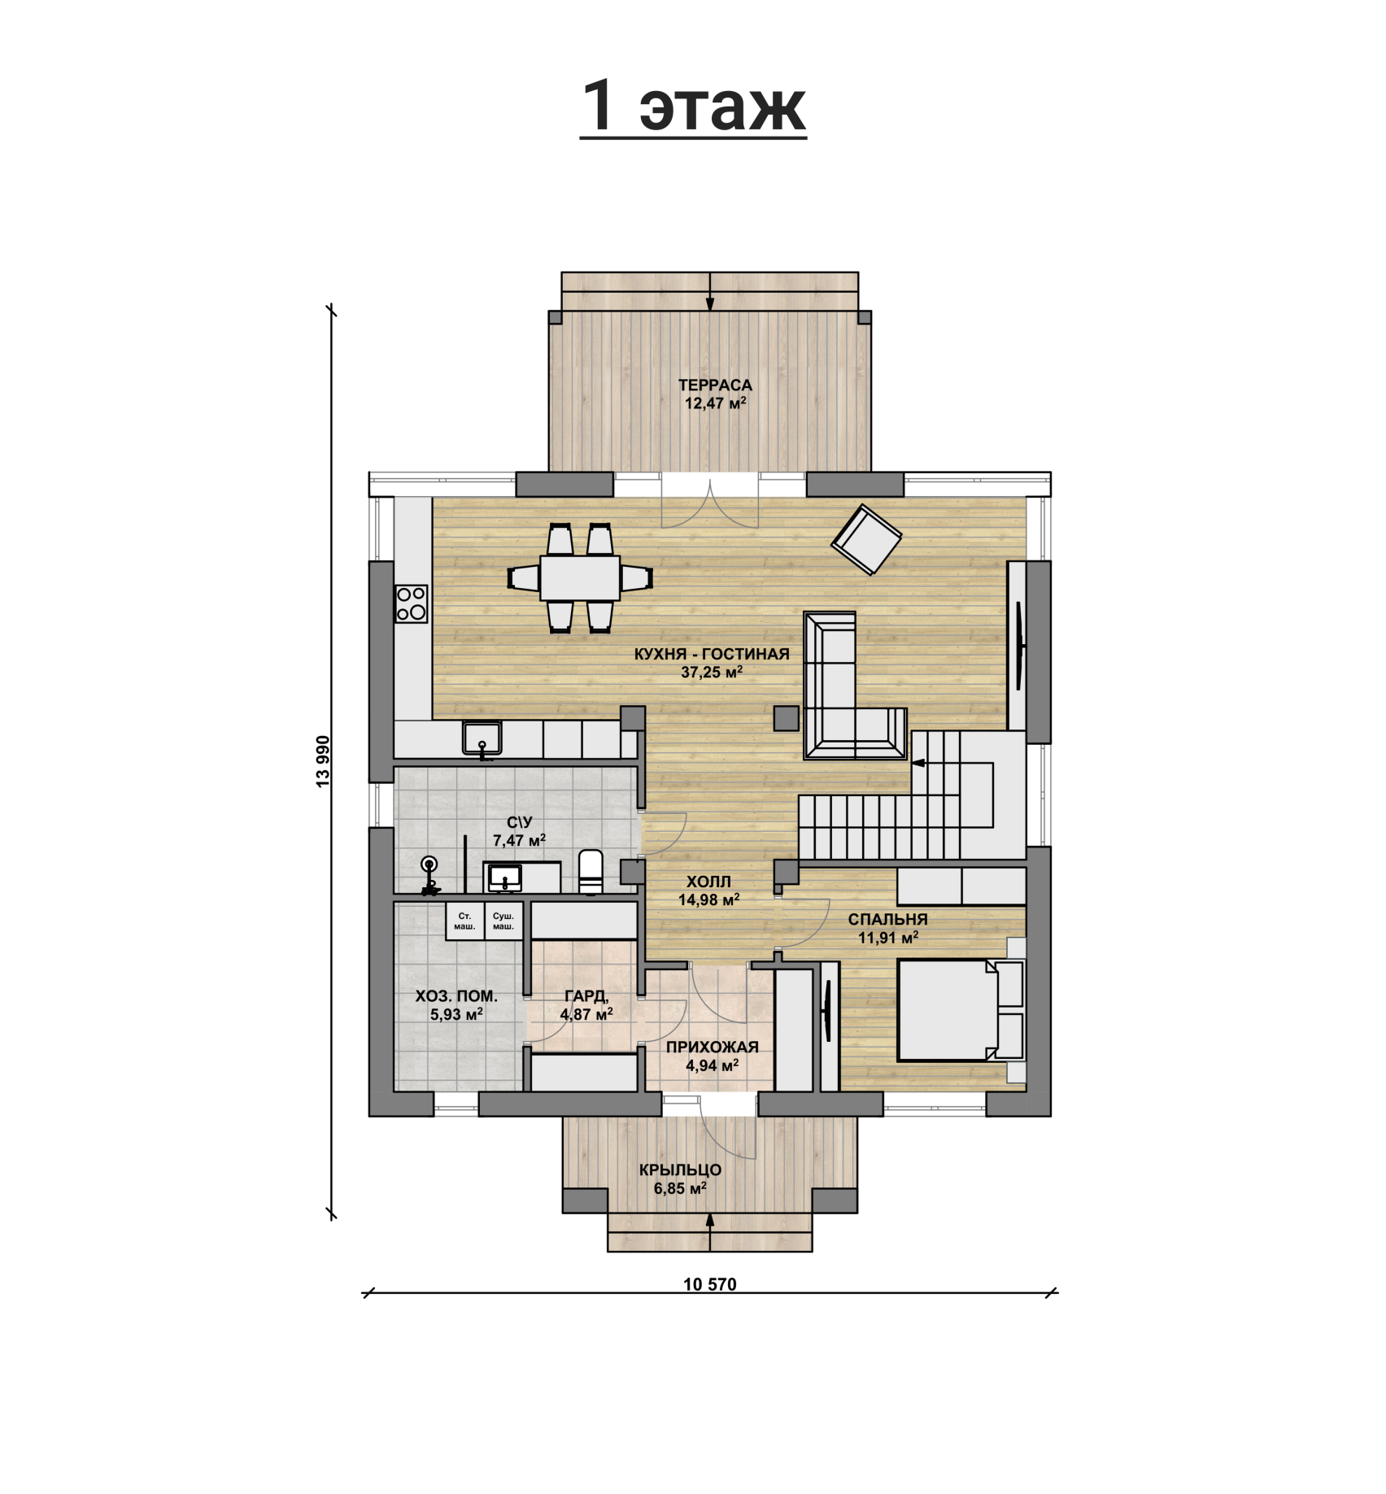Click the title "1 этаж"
[x=693, y=107]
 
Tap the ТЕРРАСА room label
[x=715, y=385]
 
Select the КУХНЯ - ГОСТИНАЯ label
[x=712, y=654]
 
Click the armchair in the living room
[x=866, y=539]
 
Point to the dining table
[x=580, y=577]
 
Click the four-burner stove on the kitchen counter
[x=412, y=603]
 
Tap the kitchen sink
[x=482, y=738]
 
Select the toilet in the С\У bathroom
[x=591, y=871]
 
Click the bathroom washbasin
[x=505, y=877]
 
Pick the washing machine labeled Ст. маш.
[x=464, y=921]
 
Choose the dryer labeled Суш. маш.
[x=503, y=921]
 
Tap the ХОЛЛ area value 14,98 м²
[x=708, y=899]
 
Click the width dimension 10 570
[x=710, y=1284]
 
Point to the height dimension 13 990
[x=324, y=761]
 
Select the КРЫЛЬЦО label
[x=680, y=1170]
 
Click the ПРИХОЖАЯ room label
[x=713, y=1047]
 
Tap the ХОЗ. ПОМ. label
[x=456, y=996]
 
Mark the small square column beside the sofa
[x=786, y=718]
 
